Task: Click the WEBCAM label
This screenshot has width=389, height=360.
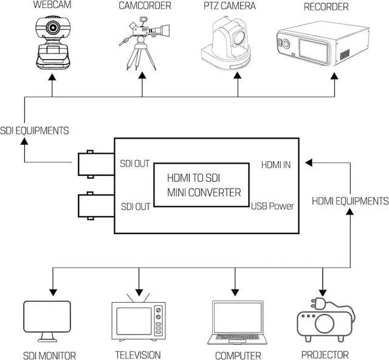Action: [x=52, y=6]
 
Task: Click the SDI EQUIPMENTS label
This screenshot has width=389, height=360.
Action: [x=35, y=130]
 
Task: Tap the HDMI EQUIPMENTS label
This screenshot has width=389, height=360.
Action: [x=351, y=201]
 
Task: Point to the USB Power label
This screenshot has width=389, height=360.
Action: [x=273, y=206]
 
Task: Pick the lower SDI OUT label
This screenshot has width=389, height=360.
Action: [x=135, y=207]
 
